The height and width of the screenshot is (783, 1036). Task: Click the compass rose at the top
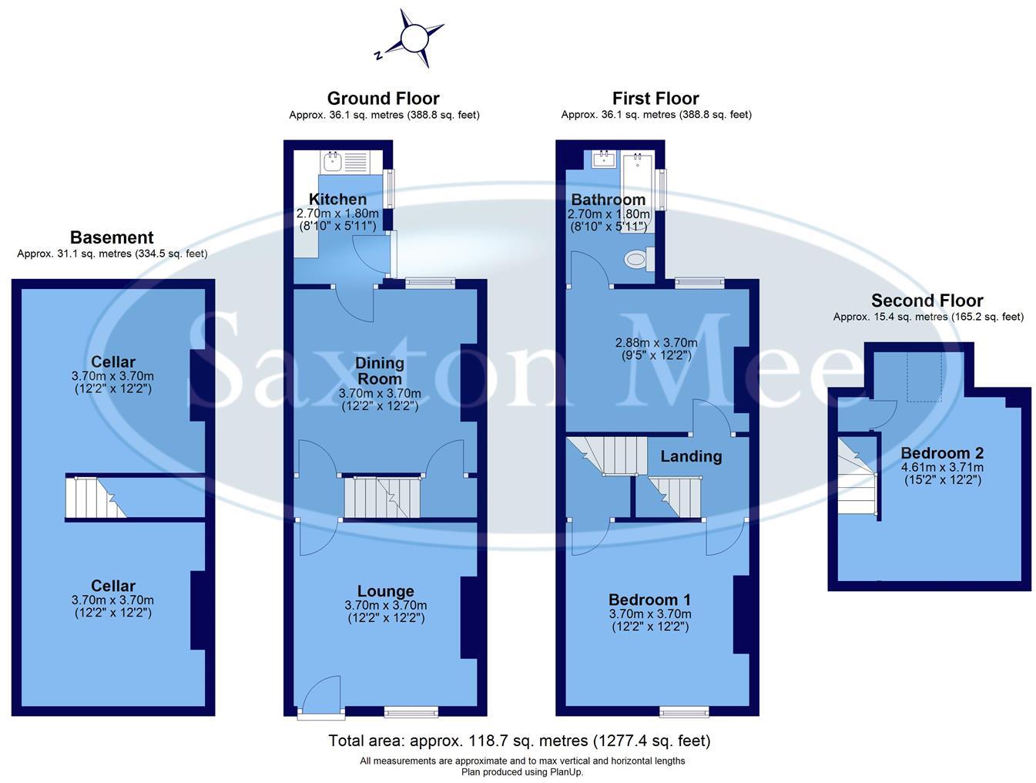412,38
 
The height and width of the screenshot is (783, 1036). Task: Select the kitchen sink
334,161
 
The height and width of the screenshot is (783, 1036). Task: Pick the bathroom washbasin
603,159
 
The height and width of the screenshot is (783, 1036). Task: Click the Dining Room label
379,371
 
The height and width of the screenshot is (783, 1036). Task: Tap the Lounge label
385,591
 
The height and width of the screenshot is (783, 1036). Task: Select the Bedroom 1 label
649,600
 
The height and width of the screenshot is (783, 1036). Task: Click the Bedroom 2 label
941,453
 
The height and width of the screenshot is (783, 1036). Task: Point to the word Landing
691,456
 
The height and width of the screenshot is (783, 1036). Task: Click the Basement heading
112,237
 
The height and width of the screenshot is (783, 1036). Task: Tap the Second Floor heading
927,301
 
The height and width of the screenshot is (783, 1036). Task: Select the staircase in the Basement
95,499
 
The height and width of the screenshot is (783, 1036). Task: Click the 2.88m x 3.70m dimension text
656,343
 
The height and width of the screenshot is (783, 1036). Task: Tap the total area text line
519,741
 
